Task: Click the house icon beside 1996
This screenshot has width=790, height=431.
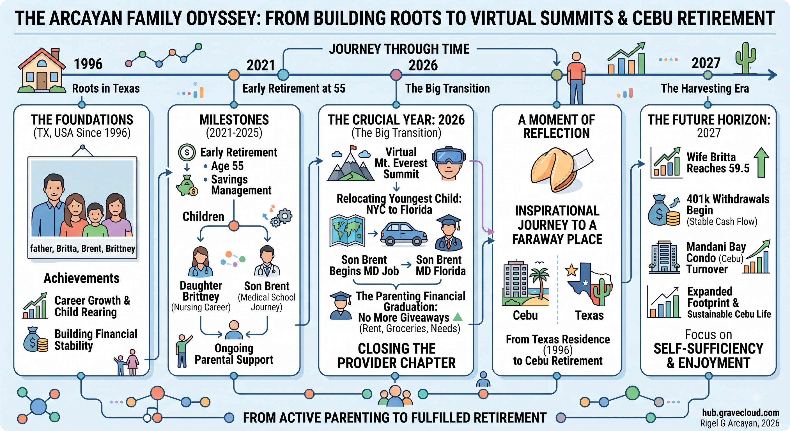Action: coord(42,70)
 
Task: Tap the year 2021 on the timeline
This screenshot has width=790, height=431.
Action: coord(261,65)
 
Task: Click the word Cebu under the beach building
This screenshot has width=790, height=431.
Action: coord(525,315)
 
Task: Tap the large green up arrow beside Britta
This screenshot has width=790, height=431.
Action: coord(761,162)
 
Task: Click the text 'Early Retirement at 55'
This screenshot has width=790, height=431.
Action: coord(294,88)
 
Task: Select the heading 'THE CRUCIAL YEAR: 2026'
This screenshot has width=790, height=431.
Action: coord(396,120)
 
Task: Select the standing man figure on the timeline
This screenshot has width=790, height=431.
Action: coord(576,78)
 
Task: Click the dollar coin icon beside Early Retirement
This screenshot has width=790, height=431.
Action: coord(187,152)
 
